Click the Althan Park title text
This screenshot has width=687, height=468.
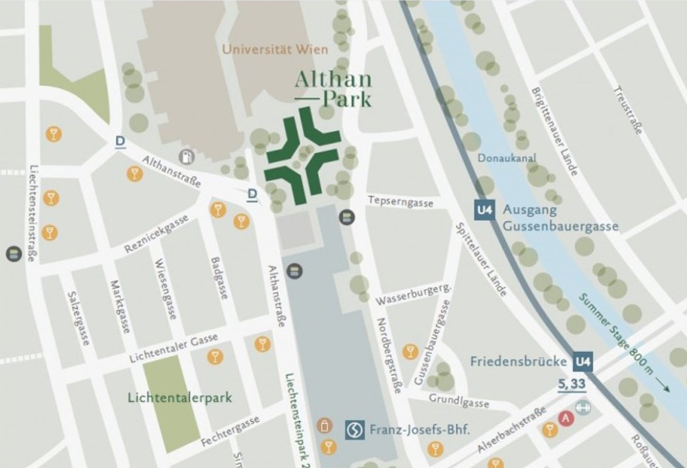[x=333, y=88]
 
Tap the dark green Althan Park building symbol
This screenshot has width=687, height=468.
[x=301, y=158]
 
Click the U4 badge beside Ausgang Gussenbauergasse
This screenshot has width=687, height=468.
[x=485, y=210]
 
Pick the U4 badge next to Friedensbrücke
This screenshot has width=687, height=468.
[x=583, y=362]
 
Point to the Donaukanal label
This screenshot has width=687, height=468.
[x=504, y=158]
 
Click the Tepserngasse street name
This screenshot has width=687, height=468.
[x=400, y=202]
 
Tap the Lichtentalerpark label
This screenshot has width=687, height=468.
[x=179, y=398]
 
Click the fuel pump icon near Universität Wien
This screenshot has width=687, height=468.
[x=187, y=156]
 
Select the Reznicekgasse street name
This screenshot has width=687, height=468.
[x=157, y=235]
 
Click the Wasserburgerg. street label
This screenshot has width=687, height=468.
[x=414, y=294]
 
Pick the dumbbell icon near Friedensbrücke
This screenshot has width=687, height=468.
[x=583, y=407]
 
